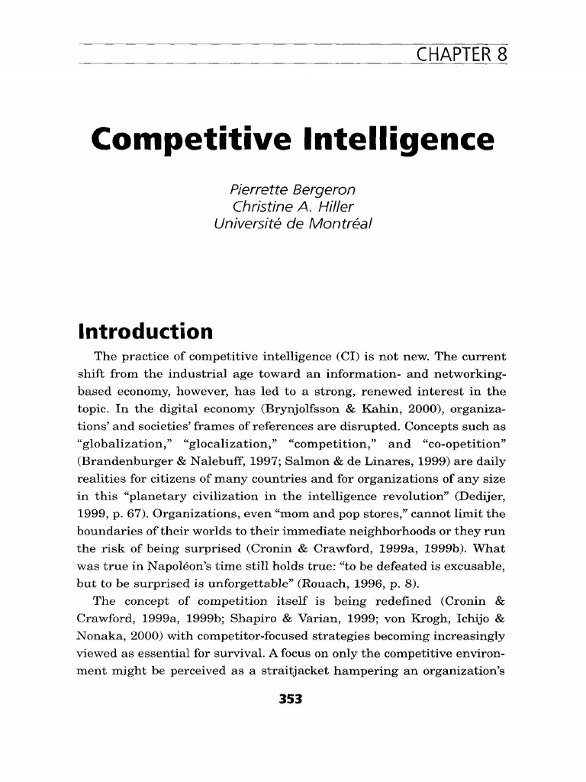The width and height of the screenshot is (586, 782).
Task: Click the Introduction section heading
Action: click(x=144, y=332)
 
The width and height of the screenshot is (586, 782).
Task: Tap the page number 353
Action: click(x=292, y=697)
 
